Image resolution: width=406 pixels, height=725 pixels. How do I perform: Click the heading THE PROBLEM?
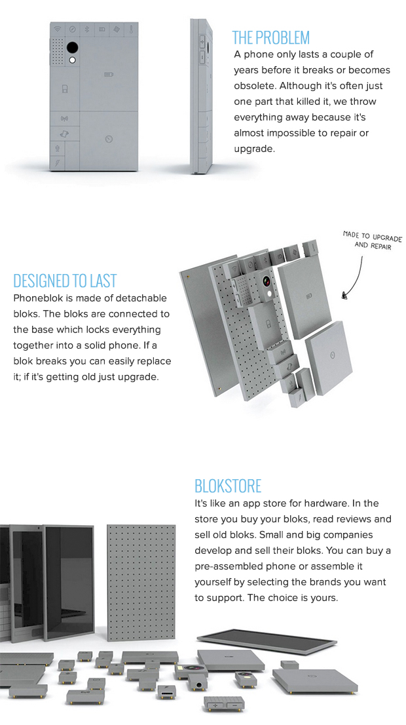coord(270,37)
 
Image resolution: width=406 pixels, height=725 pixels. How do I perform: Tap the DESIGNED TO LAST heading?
coord(65,281)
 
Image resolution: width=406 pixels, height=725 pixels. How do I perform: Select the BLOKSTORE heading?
coord(227,486)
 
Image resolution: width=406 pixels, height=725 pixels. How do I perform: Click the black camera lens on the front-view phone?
coord(72,48)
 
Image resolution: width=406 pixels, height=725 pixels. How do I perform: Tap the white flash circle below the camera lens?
coord(72,60)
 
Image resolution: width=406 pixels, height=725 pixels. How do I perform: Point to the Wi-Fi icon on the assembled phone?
coord(56,29)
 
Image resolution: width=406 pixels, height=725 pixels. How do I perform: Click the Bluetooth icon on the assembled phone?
coord(87,29)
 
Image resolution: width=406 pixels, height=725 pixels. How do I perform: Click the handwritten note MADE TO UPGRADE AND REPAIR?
coord(372,240)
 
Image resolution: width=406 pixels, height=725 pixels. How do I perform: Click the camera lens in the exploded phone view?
coord(267,281)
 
